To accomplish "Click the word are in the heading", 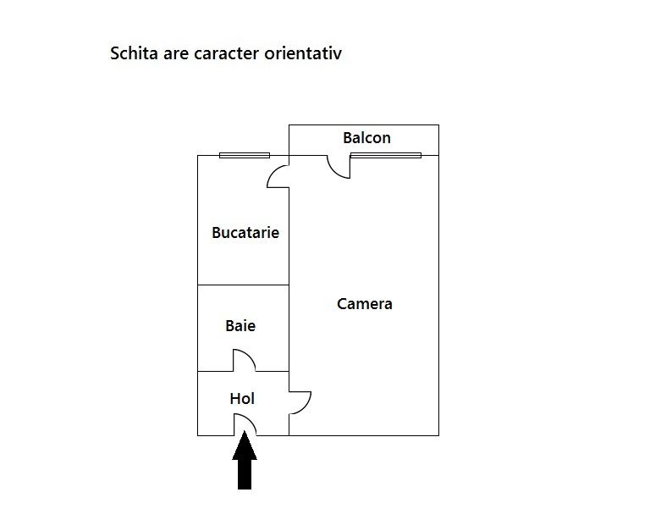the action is pyautogui.click(x=176, y=55).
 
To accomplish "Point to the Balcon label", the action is pyautogui.click(x=366, y=138).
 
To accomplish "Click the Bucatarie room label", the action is pyautogui.click(x=245, y=232).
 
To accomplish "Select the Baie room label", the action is pyautogui.click(x=240, y=325).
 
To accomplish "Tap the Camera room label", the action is pyautogui.click(x=365, y=304).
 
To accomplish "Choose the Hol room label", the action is pyautogui.click(x=242, y=399).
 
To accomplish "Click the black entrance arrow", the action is pyautogui.click(x=245, y=460).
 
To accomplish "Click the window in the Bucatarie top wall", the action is pyautogui.click(x=245, y=156).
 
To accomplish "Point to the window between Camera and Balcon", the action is pyautogui.click(x=386, y=156).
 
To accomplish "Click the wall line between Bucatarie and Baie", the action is pyautogui.click(x=244, y=285).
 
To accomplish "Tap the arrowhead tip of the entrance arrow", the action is pyautogui.click(x=245, y=431).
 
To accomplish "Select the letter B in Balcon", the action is pyautogui.click(x=347, y=138).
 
